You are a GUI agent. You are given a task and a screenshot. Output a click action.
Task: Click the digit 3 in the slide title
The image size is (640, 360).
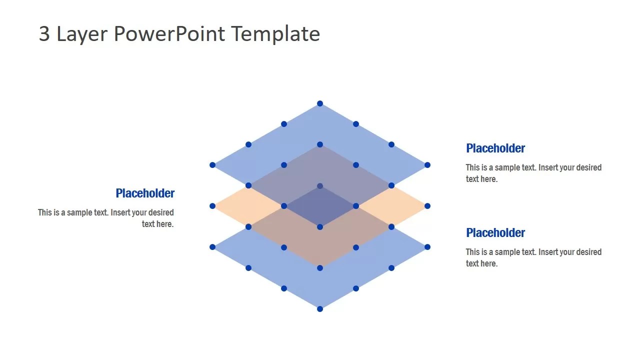tap(44, 34)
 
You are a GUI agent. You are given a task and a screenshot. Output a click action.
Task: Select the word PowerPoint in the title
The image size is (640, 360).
tap(169, 34)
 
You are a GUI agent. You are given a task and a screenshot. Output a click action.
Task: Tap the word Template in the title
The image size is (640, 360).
tap(275, 34)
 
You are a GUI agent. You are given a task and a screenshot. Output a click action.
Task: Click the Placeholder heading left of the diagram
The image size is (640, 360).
tap(145, 193)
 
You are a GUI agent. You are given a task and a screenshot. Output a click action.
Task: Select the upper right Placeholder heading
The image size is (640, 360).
tap(495, 148)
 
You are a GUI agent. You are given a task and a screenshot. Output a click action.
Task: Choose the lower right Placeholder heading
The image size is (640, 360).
tap(495, 232)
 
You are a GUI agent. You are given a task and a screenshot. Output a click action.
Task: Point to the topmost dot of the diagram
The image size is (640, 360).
tap(320, 103)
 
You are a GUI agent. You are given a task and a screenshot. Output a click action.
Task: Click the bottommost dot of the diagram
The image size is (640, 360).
tap(320, 309)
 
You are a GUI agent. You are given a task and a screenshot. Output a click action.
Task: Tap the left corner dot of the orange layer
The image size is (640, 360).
tap(212, 206)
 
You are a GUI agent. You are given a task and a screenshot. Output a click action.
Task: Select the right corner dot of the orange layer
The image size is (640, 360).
tap(427, 206)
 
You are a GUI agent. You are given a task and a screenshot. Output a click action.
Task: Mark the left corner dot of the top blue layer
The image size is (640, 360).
tap(212, 165)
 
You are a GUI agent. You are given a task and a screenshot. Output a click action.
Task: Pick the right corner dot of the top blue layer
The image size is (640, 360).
tap(427, 165)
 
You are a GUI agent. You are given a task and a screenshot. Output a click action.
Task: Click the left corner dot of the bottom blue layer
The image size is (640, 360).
tap(212, 247)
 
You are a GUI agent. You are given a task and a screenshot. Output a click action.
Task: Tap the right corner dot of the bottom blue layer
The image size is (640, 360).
tap(427, 247)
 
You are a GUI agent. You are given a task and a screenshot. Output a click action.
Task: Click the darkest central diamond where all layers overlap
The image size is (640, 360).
tap(320, 206)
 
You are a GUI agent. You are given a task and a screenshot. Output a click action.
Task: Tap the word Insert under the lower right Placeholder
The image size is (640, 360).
tap(549, 252)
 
